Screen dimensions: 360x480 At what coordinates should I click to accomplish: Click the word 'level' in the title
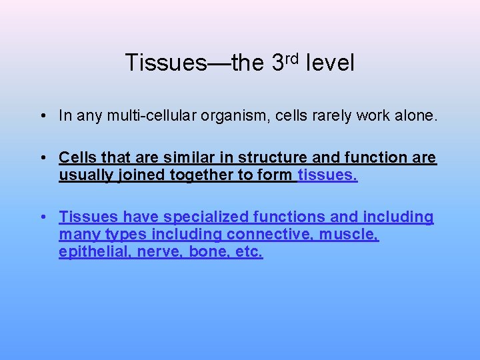[x=330, y=63]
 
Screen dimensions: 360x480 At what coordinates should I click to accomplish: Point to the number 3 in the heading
[x=279, y=63]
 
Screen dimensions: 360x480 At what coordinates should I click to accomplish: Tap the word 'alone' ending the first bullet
[x=413, y=116]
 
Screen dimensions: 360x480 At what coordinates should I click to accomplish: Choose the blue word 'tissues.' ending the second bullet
[x=327, y=175]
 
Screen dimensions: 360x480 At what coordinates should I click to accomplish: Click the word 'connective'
[x=269, y=235]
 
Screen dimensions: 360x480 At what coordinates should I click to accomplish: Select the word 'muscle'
[x=349, y=235]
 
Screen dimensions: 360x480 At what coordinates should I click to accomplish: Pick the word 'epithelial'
[x=94, y=253]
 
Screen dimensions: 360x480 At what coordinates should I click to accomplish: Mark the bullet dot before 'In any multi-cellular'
[x=41, y=117]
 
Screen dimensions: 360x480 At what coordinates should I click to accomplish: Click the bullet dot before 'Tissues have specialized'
[x=41, y=217]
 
